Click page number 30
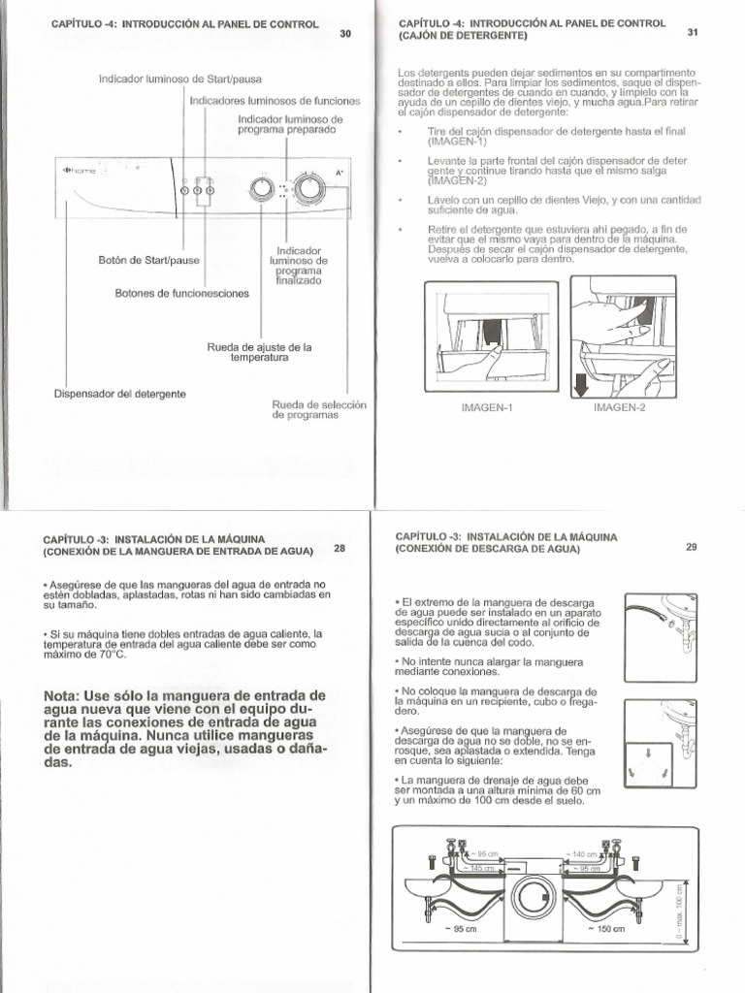(345, 34)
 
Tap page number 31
(693, 32)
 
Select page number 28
(340, 548)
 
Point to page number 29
(692, 547)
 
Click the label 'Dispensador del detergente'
(121, 394)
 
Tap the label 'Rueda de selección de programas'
(306, 409)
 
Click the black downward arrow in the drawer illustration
(580, 386)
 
